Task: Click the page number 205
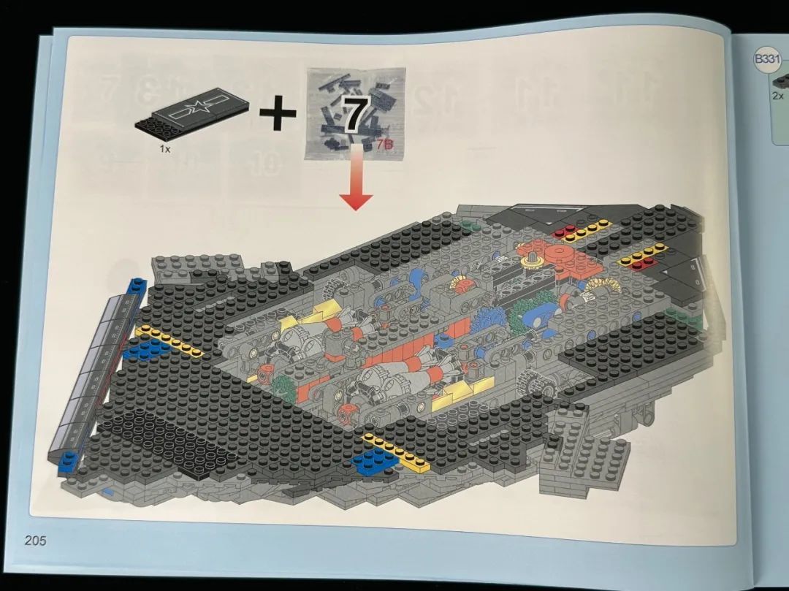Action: [x=35, y=541]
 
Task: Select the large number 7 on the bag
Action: [x=356, y=115]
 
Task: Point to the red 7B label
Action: [x=384, y=145]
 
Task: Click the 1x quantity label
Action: [x=165, y=149]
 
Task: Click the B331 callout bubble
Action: [x=767, y=59]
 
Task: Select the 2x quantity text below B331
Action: [x=778, y=96]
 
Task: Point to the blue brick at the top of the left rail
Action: [x=137, y=286]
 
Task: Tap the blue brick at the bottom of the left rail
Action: [x=68, y=462]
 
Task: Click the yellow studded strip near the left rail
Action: [x=169, y=341]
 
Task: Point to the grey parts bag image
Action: [x=355, y=113]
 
